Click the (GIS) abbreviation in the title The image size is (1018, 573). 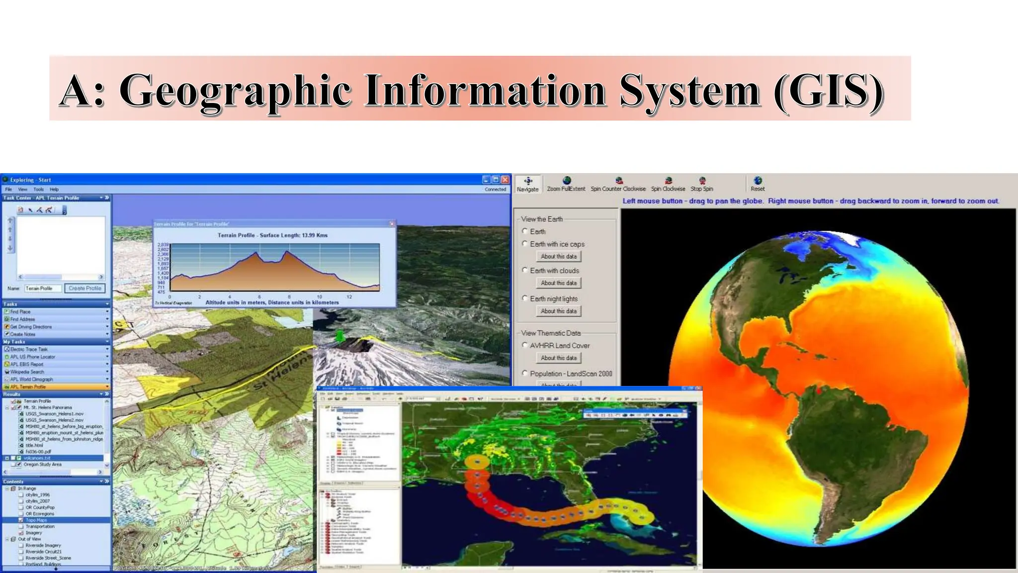pos(829,91)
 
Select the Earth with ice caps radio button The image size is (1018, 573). pos(525,244)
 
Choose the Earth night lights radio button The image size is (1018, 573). pos(525,298)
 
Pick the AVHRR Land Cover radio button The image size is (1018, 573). pos(525,345)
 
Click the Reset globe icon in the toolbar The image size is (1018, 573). pos(758,181)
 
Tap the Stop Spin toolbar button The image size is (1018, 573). pos(702,181)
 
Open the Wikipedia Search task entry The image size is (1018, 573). pos(27,372)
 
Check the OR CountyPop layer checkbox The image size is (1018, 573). pos(21,507)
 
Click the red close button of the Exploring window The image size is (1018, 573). pos(505,180)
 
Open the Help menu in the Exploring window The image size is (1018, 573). pos(54,190)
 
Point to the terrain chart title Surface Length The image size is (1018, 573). pos(272,235)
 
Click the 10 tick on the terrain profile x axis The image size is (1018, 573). pos(319,297)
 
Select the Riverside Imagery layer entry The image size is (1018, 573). pos(43,545)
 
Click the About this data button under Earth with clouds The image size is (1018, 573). pos(559,283)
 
